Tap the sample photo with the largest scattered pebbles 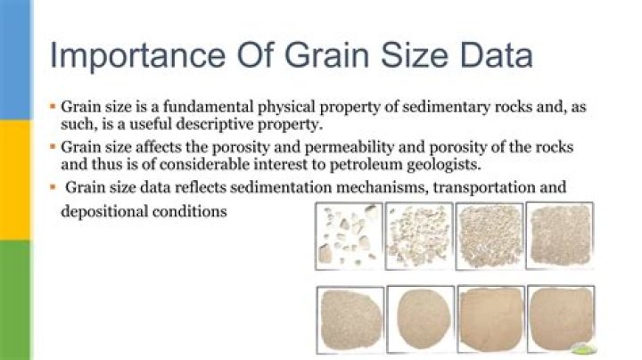coord(349,235)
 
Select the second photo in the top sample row coord(418,235)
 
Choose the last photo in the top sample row coord(559,235)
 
